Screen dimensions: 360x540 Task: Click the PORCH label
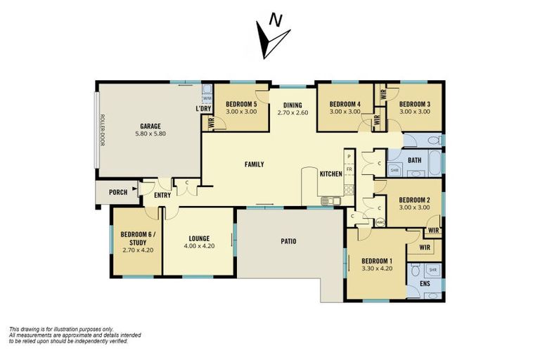[118, 192]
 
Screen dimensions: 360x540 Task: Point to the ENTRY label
[162, 195]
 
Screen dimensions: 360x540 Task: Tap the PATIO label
[288, 241]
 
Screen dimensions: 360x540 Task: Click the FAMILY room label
[254, 165]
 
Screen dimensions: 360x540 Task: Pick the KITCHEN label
[330, 174]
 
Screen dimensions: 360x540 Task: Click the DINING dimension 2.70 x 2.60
[293, 112]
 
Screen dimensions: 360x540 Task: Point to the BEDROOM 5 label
[241, 105]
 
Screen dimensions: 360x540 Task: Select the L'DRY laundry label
[203, 109]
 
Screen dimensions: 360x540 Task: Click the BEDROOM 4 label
[345, 105]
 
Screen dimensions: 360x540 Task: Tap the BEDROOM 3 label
[414, 105]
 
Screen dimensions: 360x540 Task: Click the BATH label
[414, 160]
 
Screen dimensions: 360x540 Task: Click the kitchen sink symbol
[330, 201]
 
